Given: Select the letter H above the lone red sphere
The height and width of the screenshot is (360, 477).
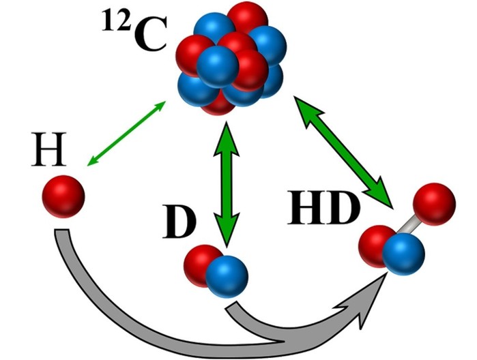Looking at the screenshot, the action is click(48, 149).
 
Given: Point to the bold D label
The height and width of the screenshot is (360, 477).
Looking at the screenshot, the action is click(179, 222).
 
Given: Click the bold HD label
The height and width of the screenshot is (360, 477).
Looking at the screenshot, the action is click(324, 208).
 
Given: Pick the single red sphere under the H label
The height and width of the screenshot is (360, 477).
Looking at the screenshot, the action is click(63, 196).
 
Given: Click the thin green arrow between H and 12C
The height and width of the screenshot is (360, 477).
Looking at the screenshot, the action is click(126, 134).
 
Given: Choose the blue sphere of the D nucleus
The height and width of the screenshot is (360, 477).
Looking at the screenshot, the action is click(227, 277).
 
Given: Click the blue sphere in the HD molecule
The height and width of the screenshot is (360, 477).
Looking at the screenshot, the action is click(403, 254).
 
